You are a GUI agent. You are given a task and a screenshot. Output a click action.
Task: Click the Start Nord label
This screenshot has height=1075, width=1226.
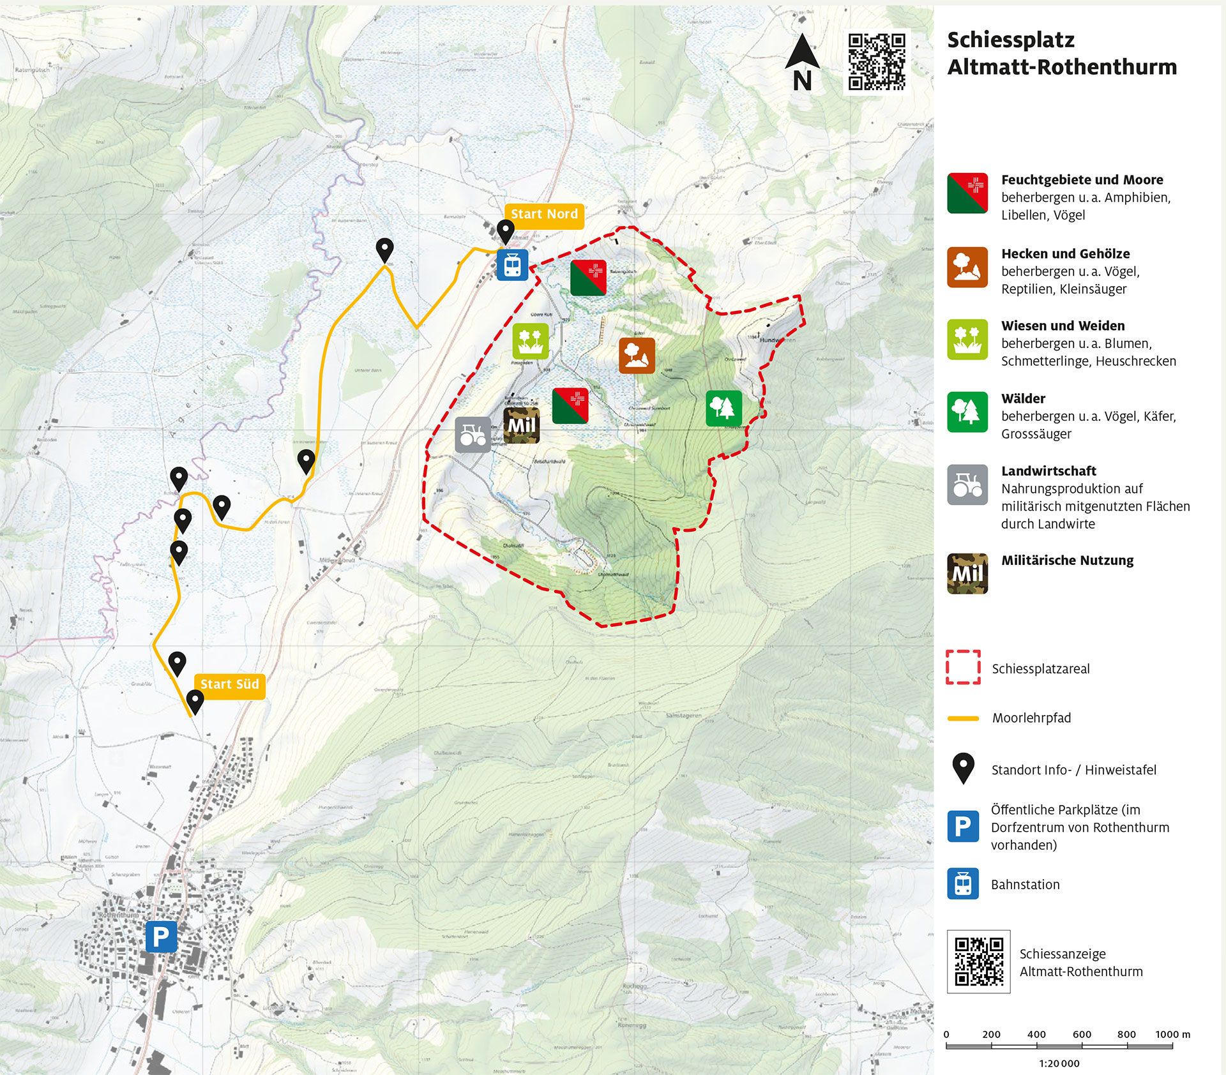click(x=544, y=214)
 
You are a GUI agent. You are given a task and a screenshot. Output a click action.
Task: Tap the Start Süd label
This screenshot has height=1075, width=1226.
click(x=229, y=684)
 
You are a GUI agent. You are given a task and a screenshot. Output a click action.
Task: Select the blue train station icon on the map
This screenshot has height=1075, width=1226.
click(x=512, y=264)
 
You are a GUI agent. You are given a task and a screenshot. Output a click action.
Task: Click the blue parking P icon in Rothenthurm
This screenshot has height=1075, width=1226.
click(x=161, y=936)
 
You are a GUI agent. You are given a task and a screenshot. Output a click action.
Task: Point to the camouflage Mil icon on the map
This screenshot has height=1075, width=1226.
click(x=521, y=426)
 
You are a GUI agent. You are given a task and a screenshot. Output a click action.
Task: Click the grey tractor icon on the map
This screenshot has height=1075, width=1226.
click(x=473, y=435)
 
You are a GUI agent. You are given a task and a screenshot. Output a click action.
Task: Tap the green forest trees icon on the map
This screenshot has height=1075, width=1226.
click(x=723, y=408)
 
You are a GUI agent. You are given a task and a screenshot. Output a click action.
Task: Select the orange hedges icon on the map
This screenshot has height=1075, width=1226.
click(x=636, y=356)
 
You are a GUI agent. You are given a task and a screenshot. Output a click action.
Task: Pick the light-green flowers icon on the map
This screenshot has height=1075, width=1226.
click(x=530, y=341)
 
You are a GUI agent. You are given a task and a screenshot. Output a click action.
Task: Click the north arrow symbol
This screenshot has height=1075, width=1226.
click(x=802, y=63)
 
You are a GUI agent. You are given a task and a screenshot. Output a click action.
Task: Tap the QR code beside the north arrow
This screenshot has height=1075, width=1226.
click(x=876, y=62)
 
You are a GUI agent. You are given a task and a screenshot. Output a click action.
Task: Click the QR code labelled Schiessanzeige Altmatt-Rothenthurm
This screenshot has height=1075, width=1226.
click(x=978, y=961)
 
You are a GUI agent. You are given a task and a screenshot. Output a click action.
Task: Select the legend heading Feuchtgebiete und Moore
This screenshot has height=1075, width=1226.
click(x=1082, y=180)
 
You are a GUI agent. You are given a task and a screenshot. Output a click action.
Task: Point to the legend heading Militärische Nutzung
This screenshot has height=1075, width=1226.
click(x=1067, y=560)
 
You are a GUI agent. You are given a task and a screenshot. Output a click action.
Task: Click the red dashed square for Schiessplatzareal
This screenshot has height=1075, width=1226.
click(x=963, y=668)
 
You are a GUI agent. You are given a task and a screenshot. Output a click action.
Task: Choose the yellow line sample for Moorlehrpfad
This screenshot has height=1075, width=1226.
click(x=963, y=718)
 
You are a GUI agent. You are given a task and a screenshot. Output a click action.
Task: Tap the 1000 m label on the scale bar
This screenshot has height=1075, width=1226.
click(x=1172, y=1034)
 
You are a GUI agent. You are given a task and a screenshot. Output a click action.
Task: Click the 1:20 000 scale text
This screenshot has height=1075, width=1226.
click(x=1059, y=1064)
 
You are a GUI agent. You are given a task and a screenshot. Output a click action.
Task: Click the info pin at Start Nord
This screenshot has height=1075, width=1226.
click(x=505, y=232)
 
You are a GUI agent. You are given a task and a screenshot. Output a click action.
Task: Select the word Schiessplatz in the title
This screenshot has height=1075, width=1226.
click(x=1010, y=40)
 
